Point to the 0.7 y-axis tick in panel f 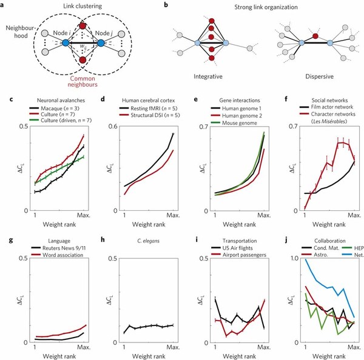tap(288, 126)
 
